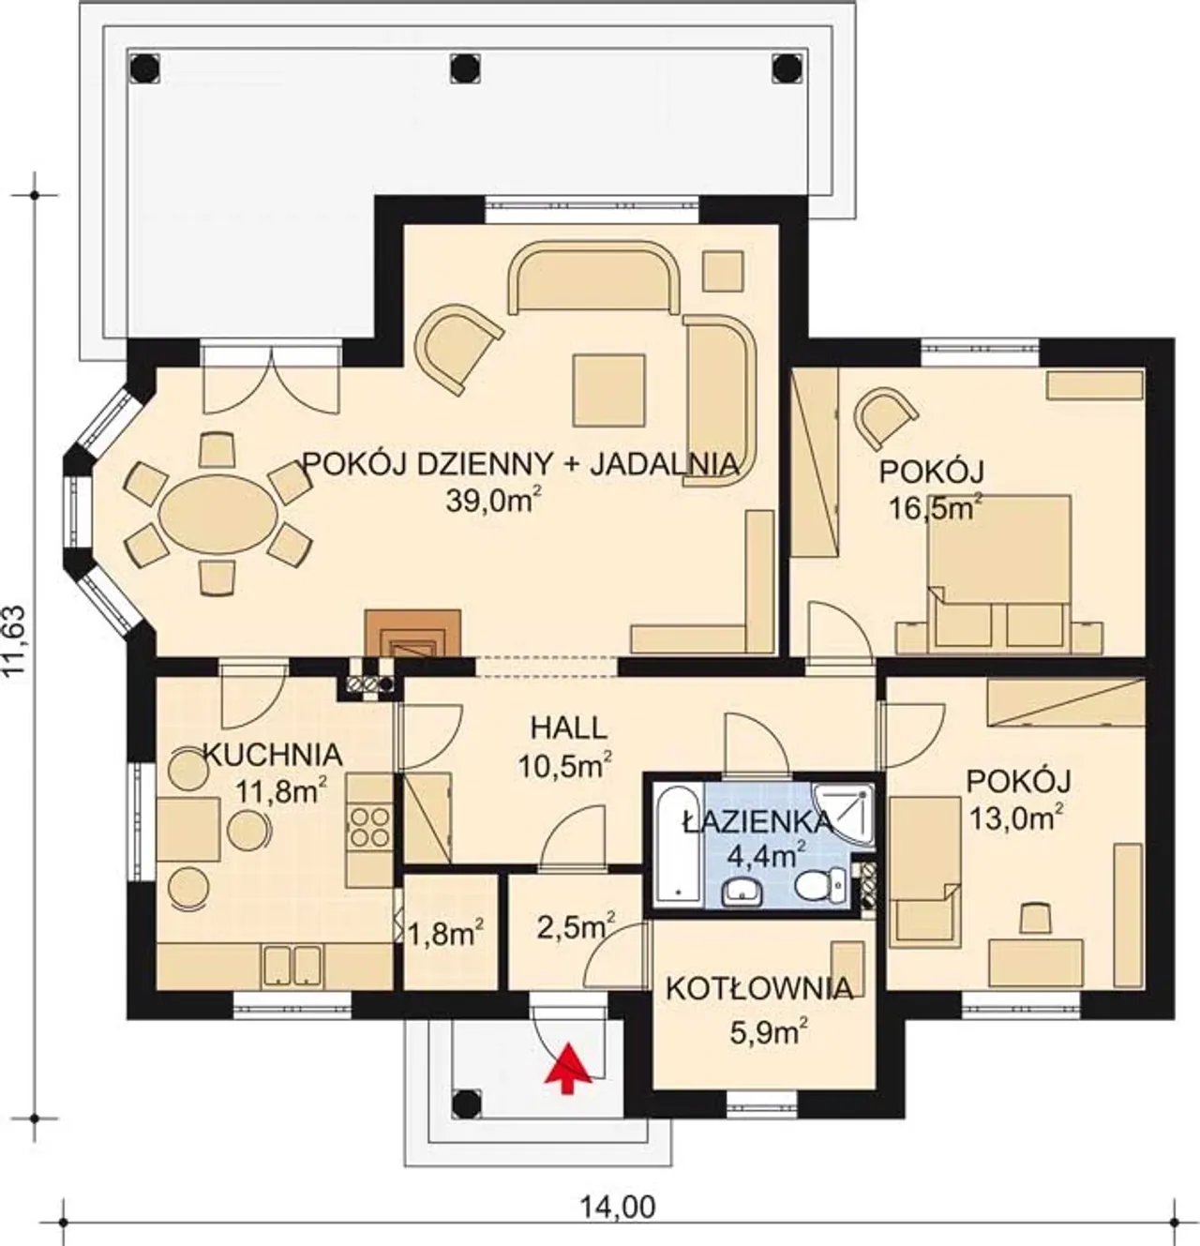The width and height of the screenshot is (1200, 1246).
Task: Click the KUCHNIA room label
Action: point(273,755)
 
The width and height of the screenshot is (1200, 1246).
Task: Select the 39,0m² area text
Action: point(490,500)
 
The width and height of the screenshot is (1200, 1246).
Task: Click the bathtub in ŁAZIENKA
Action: point(678,844)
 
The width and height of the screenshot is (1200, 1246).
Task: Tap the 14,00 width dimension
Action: point(617,1208)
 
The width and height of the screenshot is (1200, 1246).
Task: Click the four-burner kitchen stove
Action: point(369,826)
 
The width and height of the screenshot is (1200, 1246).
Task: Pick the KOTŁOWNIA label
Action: point(759,989)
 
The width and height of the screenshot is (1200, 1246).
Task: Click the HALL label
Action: point(568,728)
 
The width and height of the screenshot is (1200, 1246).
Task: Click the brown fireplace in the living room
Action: point(412,633)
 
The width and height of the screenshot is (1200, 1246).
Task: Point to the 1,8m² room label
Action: point(445,936)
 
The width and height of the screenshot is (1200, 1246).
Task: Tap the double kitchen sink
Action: point(292,966)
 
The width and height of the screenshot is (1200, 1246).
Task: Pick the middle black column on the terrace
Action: point(466,67)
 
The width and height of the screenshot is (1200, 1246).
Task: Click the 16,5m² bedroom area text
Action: point(935,508)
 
